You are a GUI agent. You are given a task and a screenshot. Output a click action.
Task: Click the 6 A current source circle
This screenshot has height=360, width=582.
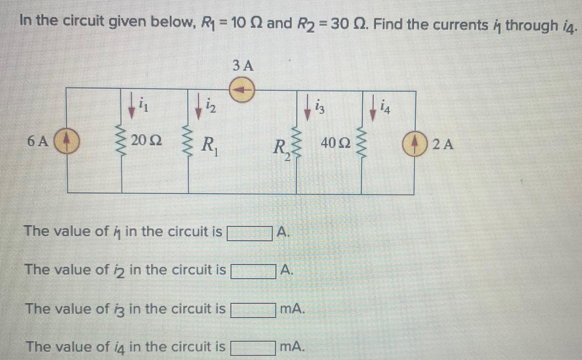coord(66,141)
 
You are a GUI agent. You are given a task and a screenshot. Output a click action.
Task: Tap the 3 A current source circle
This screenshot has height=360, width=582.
coord(242,90)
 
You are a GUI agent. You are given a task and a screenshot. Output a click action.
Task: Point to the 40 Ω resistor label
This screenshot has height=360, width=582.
coord(335,143)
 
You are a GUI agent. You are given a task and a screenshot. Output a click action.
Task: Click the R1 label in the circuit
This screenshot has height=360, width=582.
coord(210,145)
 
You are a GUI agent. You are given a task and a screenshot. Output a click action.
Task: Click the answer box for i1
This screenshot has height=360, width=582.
coord(249,233)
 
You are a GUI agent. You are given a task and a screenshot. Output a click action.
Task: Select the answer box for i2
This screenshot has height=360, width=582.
coord(253,271)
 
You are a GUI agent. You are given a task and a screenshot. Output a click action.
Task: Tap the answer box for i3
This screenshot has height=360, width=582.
coord(253,310)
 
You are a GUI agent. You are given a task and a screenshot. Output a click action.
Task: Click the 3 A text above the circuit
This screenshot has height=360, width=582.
coord(243,66)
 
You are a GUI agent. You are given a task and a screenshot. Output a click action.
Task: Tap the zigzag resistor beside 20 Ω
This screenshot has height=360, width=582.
coord(122,141)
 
